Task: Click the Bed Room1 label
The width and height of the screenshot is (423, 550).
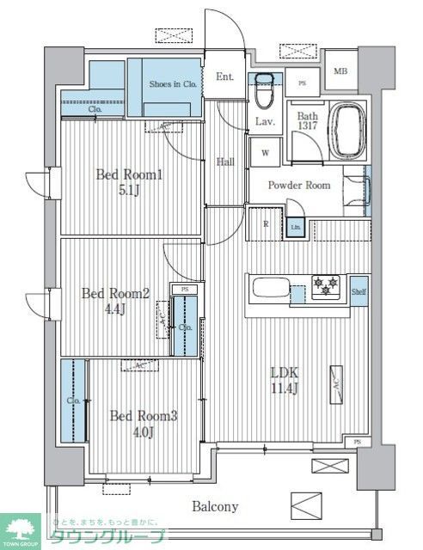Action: point(129,174)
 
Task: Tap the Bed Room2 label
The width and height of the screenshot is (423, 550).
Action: point(115,293)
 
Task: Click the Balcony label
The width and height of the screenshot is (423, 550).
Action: point(214,506)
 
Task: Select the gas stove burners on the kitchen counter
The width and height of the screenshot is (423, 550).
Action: point(325,286)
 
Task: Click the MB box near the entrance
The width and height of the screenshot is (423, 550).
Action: point(340,71)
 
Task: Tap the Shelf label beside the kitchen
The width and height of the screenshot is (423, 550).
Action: point(360,293)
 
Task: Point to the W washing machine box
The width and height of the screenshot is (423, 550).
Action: point(264,152)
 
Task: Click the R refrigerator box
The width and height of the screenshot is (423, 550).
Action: point(266,224)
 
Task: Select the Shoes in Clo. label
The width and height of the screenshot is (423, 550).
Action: point(175,84)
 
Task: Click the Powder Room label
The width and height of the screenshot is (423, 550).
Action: point(298,185)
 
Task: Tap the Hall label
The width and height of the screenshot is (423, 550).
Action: point(225,161)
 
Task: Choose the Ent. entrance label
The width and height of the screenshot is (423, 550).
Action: point(224,76)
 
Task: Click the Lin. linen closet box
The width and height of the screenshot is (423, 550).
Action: point(295,227)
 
